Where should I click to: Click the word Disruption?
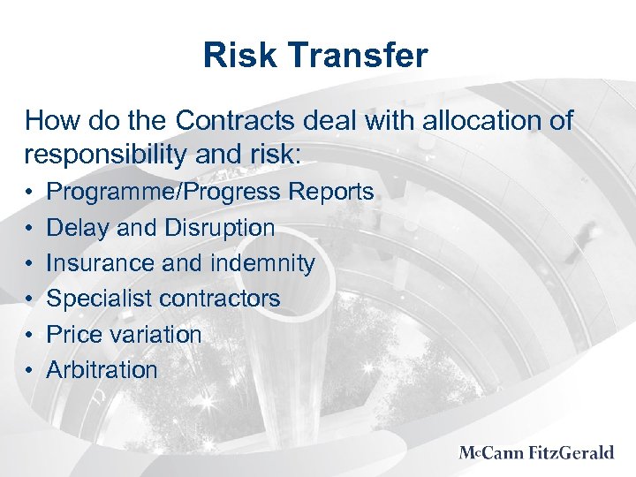220,228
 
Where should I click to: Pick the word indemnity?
262,263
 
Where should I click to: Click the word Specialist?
99,299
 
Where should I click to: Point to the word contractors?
220,299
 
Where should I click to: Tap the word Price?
73,335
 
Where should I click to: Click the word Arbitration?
102,370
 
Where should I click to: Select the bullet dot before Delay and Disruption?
30,229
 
